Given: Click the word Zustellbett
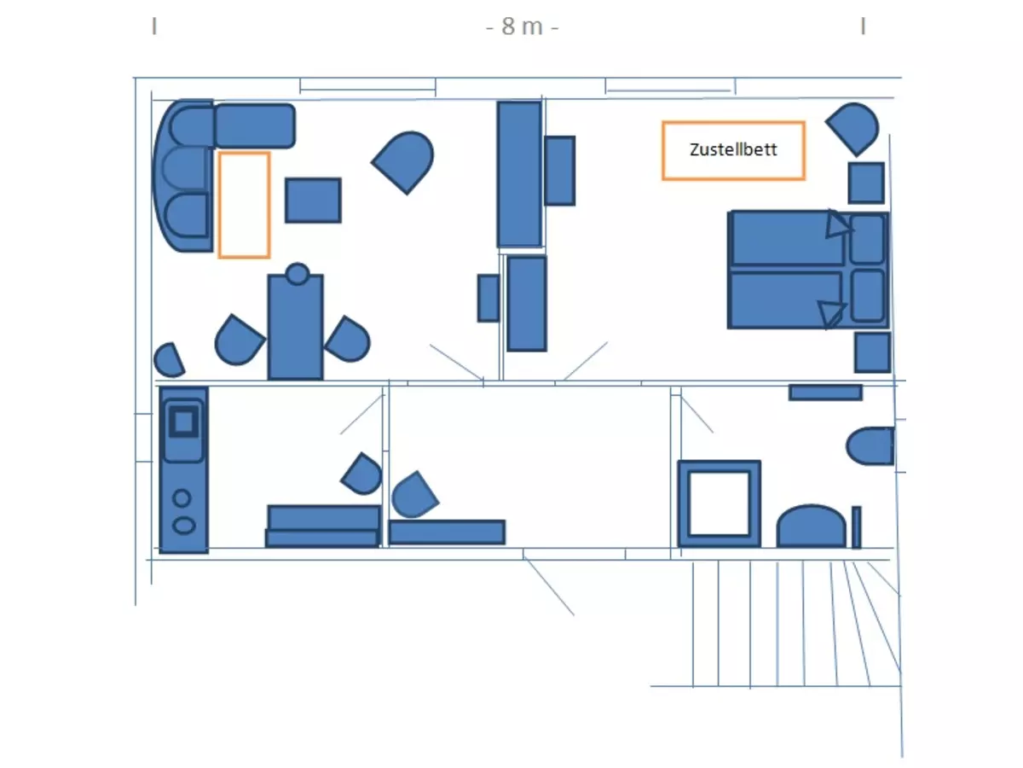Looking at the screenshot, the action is [733, 149].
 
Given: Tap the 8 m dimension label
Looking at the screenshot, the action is [522, 26].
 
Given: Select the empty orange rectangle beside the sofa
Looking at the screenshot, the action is [244, 205].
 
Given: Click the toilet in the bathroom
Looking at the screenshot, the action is [870, 445].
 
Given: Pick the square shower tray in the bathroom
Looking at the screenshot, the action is [720, 503].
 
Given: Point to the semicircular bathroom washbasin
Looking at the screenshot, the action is [811, 526].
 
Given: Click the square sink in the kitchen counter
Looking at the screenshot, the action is [183, 422].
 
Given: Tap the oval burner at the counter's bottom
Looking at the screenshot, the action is [184, 526].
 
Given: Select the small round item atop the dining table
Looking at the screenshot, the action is [298, 274].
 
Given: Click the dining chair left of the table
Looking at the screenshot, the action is [239, 340].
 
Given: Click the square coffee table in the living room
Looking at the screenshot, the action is [313, 200].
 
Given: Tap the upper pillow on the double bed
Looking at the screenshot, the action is [867, 239].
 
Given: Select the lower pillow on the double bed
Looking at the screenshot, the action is [868, 295].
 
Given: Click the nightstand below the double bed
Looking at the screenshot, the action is [872, 352].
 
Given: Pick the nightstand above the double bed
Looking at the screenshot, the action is [866, 183].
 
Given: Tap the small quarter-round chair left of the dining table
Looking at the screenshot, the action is [169, 360].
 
